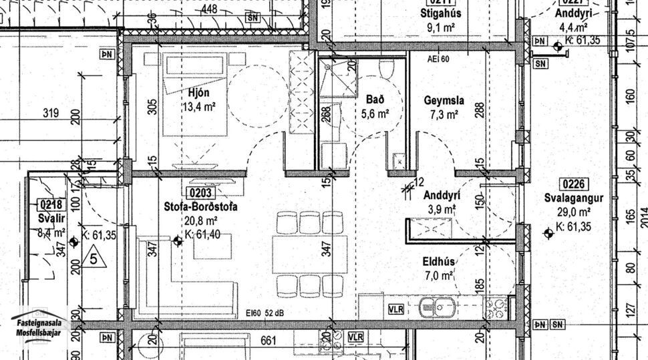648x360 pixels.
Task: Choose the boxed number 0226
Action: click(573, 184)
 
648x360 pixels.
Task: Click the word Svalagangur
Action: click(574, 198)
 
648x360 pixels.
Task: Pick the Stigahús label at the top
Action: click(440, 13)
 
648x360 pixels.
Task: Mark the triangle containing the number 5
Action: click(94, 256)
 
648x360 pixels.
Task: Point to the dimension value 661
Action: click(267, 341)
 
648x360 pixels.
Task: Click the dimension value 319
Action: click(51, 113)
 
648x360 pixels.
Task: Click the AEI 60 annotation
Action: click(438, 59)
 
